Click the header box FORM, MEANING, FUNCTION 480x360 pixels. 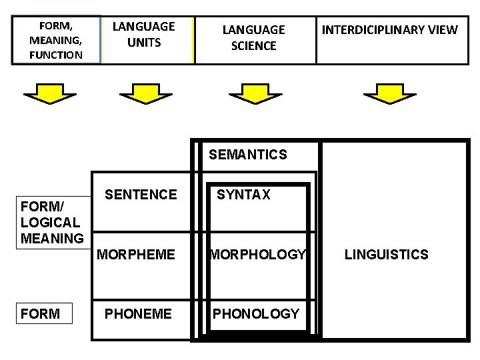coord(56,40)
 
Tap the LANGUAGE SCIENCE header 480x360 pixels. coord(253,38)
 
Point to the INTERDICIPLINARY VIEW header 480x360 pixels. coord(390,30)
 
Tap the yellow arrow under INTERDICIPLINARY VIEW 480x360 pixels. coord(390,95)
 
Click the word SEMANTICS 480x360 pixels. coord(248,155)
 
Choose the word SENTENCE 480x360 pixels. coord(141,195)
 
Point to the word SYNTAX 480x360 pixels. coord(243,195)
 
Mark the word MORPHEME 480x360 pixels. coord(136,255)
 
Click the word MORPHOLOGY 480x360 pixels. coord(257,255)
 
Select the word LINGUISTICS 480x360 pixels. coord(386,255)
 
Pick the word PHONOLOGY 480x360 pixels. coord(256,314)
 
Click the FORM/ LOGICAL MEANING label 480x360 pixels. coord(52,222)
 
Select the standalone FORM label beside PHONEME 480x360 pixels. coord(40,314)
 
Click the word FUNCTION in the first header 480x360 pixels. coord(56,55)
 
